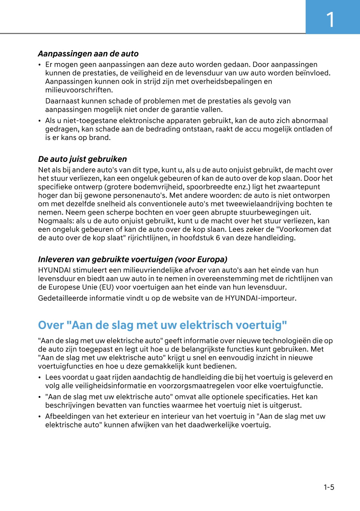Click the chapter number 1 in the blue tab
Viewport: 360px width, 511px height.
330,19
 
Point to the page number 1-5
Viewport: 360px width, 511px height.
328,488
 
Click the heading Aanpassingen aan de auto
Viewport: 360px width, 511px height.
88,54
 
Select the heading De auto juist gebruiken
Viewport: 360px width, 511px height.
82,159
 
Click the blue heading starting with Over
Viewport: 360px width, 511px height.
162,325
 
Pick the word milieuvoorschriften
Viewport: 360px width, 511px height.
78,90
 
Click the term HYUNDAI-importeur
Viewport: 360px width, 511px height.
260,298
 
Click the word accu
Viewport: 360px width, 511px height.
257,129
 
